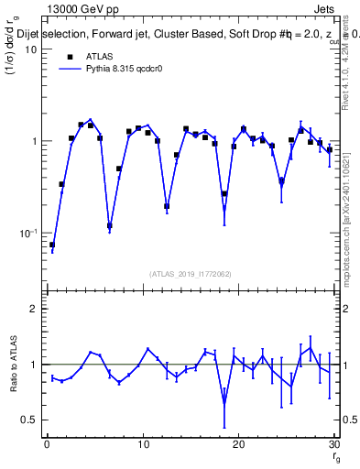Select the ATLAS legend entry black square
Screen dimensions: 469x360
[x=69, y=56]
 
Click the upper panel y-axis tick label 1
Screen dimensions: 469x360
[x=34, y=142]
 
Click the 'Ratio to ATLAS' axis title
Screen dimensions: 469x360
[x=13, y=369]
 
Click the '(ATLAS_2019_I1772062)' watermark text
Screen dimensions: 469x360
[x=191, y=274]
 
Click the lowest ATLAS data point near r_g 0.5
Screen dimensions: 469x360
[x=52, y=245]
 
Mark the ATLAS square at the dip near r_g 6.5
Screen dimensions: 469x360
[x=110, y=225]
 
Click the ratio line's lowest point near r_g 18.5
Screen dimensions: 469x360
[x=224, y=401]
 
